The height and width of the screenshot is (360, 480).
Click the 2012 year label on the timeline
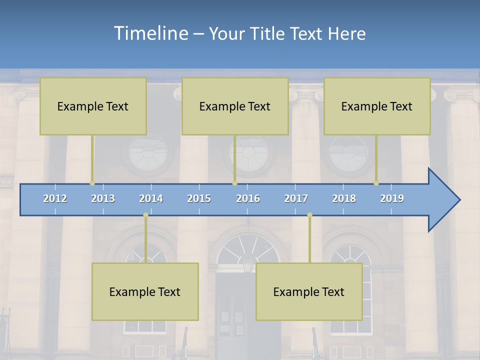click(55, 198)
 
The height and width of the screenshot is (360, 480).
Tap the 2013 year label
click(103, 198)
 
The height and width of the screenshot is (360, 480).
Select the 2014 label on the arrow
click(151, 198)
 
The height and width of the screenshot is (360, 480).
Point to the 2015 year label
click(199, 198)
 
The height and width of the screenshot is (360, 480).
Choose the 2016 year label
click(248, 198)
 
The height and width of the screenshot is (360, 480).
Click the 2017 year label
click(296, 198)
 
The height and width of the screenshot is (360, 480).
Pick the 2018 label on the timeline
click(344, 198)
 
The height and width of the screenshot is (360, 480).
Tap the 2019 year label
click(392, 198)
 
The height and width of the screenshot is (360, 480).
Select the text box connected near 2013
click(93, 106)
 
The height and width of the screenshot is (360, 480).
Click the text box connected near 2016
click(235, 106)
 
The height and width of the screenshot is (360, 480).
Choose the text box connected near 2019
click(377, 106)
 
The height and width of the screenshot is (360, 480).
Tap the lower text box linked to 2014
click(145, 291)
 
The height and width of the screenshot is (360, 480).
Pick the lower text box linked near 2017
click(309, 291)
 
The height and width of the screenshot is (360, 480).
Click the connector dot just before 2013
click(92, 183)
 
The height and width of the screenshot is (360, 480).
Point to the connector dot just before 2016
click(234, 183)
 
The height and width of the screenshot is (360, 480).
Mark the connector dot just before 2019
click(376, 183)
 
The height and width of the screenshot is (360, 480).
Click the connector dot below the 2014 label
click(145, 215)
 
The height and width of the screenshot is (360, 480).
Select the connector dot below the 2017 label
click(309, 215)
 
